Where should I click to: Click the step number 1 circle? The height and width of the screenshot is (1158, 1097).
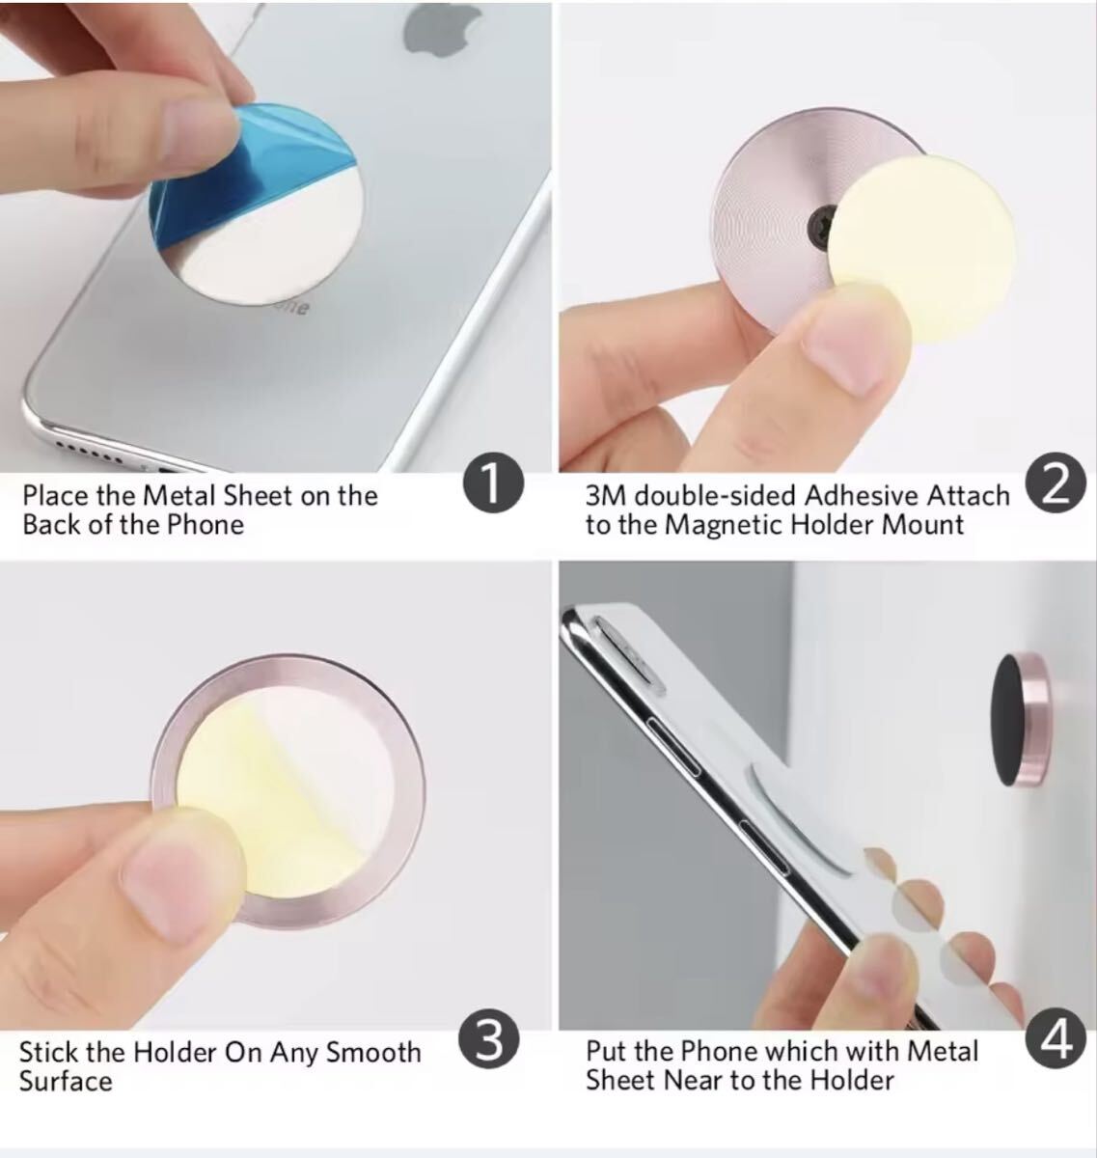pyautogui.click(x=494, y=482)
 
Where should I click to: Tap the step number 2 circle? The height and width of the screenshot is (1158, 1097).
pyautogui.click(x=1056, y=482)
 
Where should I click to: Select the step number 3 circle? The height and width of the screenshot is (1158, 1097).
pyautogui.click(x=489, y=1041)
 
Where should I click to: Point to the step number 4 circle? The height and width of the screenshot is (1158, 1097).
pyautogui.click(x=1056, y=1040)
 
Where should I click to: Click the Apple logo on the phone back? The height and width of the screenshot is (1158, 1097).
pyautogui.click(x=441, y=28)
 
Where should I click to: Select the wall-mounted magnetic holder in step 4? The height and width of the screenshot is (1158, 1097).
pyautogui.click(x=1020, y=719)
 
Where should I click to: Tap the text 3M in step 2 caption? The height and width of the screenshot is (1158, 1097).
pyautogui.click(x=606, y=495)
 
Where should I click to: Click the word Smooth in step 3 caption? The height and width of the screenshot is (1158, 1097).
pyautogui.click(x=373, y=1053)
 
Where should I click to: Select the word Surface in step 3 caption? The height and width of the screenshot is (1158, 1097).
pyautogui.click(x=66, y=1082)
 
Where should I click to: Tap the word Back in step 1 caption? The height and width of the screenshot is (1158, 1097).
pyautogui.click(x=51, y=524)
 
